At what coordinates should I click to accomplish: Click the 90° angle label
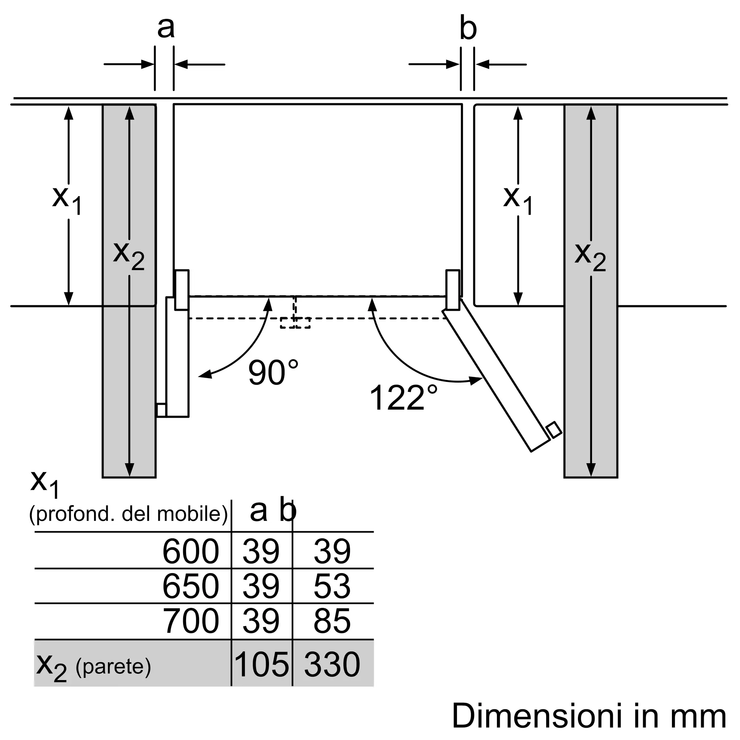[x=273, y=372]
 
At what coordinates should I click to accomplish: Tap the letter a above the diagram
[x=166, y=28]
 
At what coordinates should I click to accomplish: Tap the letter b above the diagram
[x=468, y=28]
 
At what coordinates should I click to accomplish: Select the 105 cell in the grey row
[x=261, y=664]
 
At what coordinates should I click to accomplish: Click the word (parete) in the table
[x=113, y=666]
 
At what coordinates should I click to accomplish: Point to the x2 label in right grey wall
[x=590, y=257]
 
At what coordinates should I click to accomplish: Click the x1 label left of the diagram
[x=67, y=201]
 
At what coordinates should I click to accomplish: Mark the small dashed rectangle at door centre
[x=295, y=323]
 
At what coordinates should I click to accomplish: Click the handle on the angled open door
[x=554, y=430]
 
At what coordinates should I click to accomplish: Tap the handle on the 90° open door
[x=161, y=410]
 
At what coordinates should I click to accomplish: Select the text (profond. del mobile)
[x=129, y=514]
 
